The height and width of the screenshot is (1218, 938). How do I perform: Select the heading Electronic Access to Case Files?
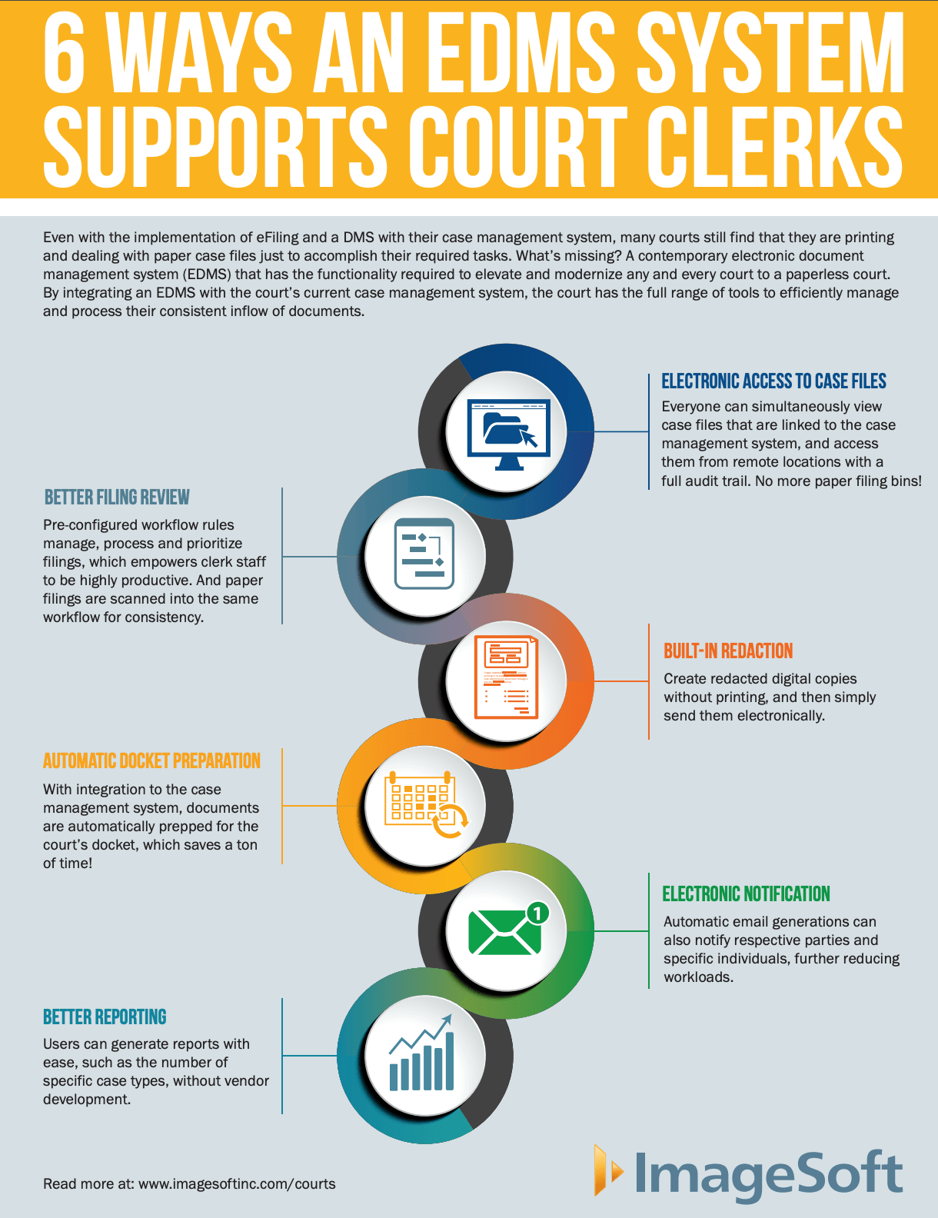click(x=773, y=381)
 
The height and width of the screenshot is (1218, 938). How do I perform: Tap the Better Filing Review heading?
click(x=117, y=498)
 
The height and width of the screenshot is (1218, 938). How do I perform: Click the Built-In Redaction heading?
click(x=728, y=651)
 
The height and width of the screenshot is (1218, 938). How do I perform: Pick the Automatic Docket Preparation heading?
click(x=151, y=761)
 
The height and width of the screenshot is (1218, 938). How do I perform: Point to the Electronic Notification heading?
click(x=746, y=894)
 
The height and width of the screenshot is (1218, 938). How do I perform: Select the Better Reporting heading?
click(x=105, y=1017)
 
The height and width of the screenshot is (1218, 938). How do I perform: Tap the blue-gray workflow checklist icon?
click(x=424, y=554)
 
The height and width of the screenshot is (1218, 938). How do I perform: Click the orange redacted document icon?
click(x=507, y=677)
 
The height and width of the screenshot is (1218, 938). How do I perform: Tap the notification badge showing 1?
click(x=538, y=913)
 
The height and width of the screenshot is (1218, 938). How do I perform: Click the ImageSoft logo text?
click(x=768, y=1174)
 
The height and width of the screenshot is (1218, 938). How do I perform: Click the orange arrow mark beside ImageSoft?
click(x=607, y=1170)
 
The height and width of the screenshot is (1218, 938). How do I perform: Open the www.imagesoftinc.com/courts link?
click(x=237, y=1184)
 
